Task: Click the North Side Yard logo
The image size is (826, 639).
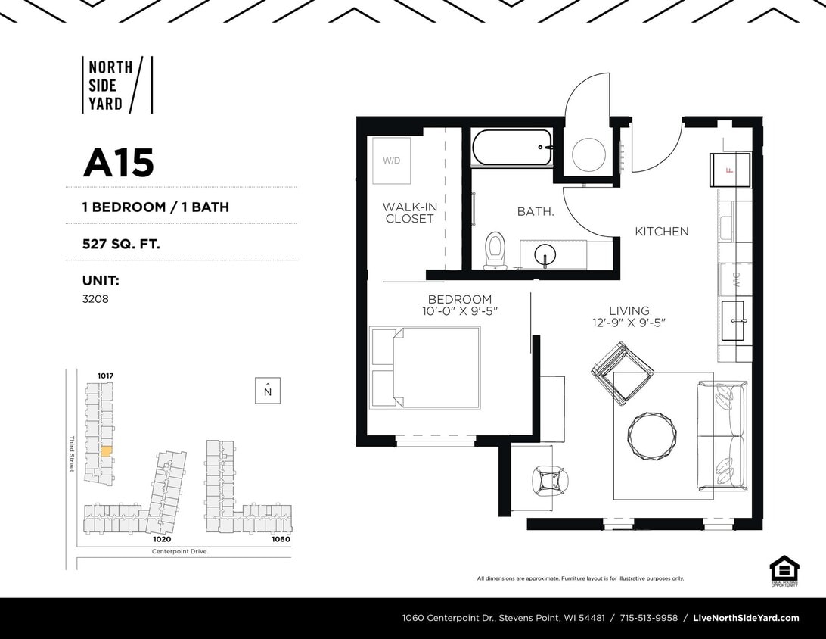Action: click(116, 85)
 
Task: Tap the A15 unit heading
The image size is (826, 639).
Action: click(118, 162)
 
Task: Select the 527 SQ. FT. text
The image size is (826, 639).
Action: click(121, 244)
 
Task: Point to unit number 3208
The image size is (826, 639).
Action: click(95, 299)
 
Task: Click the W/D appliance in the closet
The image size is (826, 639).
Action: click(391, 161)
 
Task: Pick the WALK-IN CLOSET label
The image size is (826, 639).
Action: click(409, 213)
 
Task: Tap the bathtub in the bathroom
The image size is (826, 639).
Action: click(511, 148)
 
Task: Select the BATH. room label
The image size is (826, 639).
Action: click(536, 212)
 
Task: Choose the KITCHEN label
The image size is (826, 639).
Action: click(661, 232)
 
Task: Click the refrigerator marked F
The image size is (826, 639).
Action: click(730, 170)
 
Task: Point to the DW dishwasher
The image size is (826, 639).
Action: click(734, 281)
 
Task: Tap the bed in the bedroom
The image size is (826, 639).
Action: click(426, 367)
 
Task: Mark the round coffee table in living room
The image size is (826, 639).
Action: click(652, 435)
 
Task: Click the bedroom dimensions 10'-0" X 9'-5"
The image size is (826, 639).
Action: click(460, 311)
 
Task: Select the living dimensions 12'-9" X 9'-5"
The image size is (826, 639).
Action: click(629, 323)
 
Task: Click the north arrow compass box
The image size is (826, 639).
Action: click(268, 391)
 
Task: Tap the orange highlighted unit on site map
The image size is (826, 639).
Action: click(106, 450)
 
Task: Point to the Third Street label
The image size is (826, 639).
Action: click(72, 454)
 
